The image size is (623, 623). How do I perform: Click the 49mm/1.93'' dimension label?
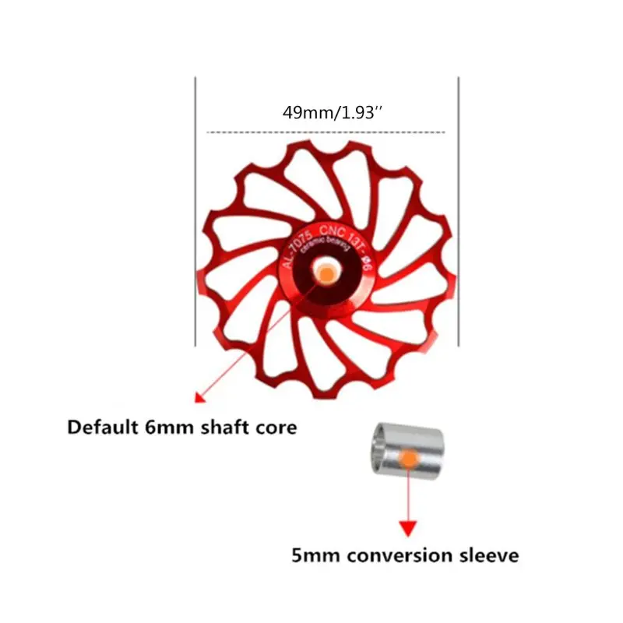(333, 113)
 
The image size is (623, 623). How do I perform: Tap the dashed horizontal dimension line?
(327, 132)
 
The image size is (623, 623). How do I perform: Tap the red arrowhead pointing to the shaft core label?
(199, 397)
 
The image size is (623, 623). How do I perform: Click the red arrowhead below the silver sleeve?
(405, 530)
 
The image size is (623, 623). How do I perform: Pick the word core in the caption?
(276, 428)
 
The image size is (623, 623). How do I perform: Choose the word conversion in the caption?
(400, 555)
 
